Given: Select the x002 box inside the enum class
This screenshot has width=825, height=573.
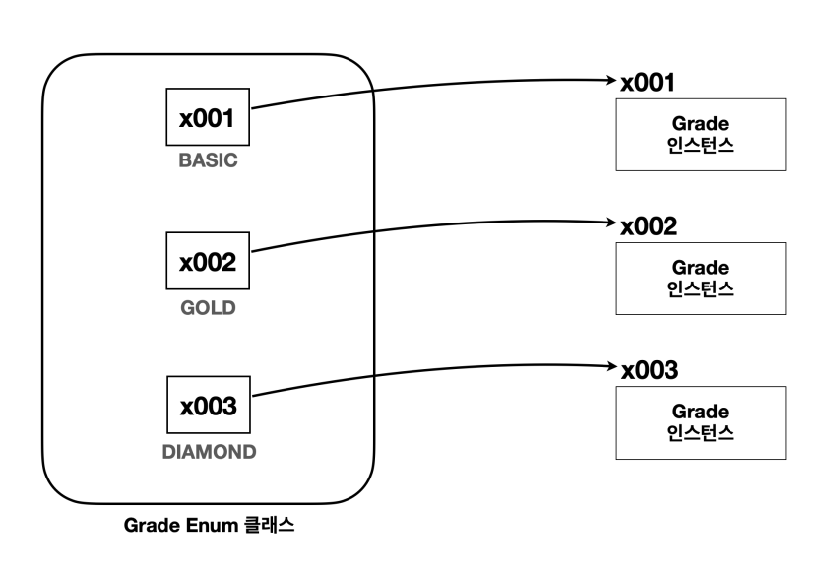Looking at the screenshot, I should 208,263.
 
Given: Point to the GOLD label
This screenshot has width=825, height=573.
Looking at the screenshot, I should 208,308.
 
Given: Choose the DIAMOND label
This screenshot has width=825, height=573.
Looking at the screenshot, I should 208,453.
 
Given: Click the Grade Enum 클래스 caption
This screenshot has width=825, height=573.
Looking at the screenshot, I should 210,527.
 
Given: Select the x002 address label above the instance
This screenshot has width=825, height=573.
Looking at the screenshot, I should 648,225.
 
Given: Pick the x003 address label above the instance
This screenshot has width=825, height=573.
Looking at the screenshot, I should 648,371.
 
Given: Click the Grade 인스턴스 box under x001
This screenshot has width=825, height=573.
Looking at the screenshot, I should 700,134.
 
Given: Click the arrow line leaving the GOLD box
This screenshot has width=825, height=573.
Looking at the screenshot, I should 423,229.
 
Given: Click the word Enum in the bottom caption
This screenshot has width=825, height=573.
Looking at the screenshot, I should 207,527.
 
